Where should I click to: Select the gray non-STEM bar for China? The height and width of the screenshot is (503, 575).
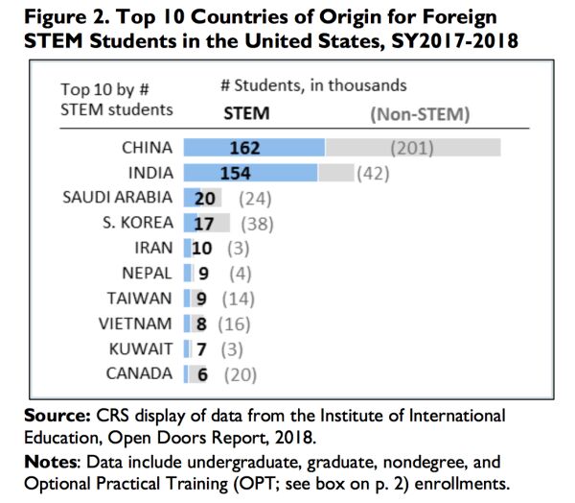coord(413,148)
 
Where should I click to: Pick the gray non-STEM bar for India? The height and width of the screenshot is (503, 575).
coord(334,173)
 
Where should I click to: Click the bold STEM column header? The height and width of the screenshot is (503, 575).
coord(246,112)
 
